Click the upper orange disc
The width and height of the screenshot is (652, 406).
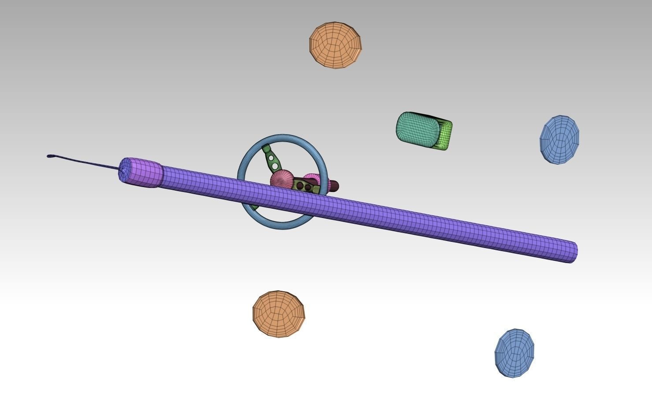[x=335, y=45]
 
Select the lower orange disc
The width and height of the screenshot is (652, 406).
[x=278, y=314]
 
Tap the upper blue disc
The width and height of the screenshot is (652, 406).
[x=559, y=139]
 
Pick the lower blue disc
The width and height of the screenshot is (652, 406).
[x=514, y=353]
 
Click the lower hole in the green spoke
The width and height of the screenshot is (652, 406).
[x=275, y=166]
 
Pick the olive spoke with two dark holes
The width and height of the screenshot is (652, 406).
[x=306, y=187]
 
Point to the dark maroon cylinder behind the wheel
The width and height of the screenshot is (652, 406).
[x=334, y=186]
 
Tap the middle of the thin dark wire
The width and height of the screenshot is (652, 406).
[x=84, y=162]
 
